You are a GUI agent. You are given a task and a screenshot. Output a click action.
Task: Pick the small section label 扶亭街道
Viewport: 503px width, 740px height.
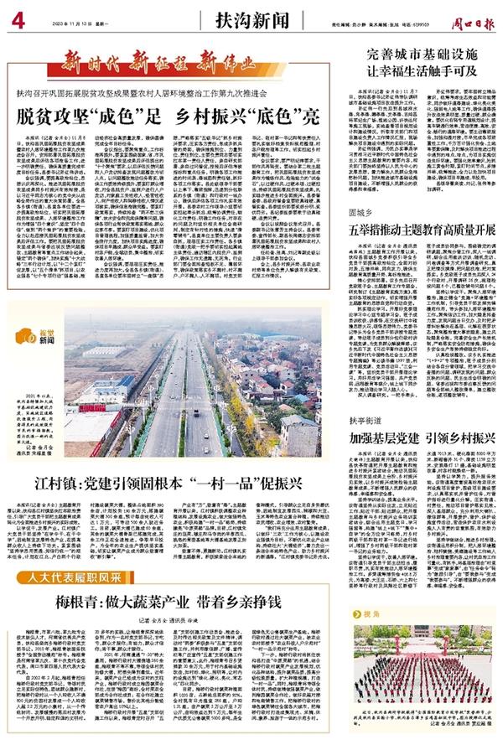(369, 423)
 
